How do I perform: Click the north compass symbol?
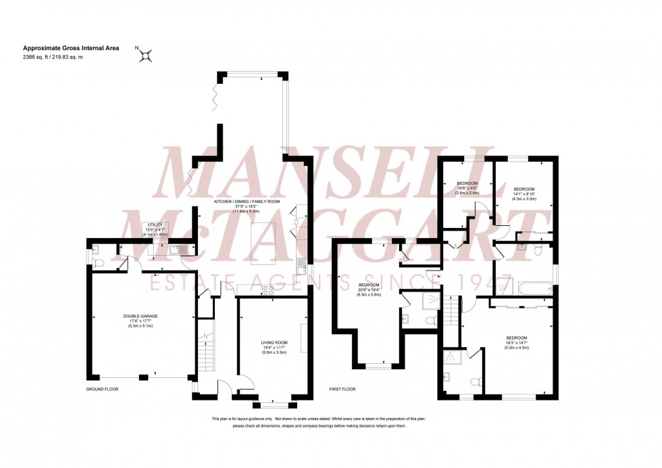click(x=145, y=57)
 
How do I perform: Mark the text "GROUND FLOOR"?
click(x=102, y=390)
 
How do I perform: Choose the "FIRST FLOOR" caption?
click(x=342, y=390)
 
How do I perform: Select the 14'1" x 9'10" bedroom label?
click(x=524, y=193)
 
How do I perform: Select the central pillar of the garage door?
click(x=141, y=376)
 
